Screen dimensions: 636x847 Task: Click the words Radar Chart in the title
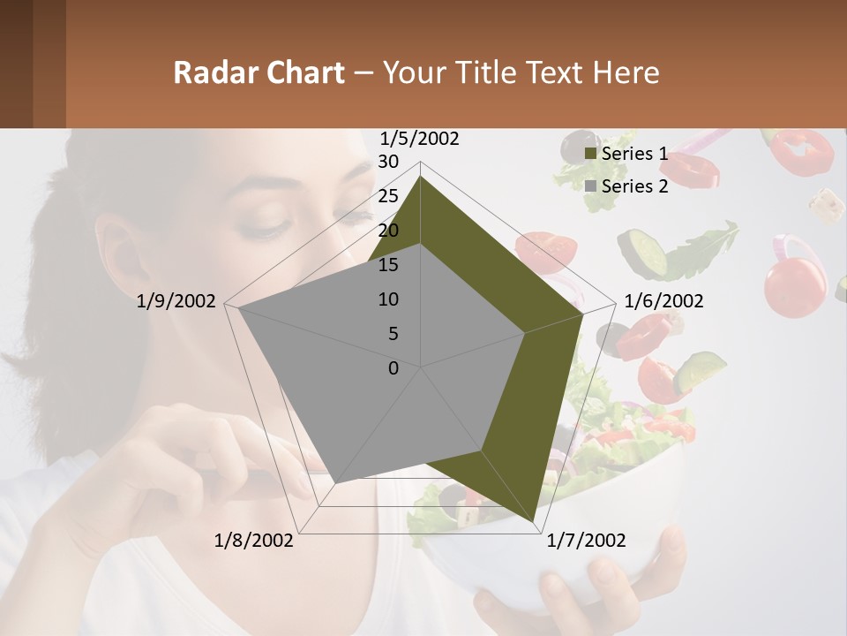pyautogui.click(x=259, y=72)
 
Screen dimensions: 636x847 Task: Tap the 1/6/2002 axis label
pyautogui.click(x=663, y=301)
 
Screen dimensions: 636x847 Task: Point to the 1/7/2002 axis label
pyautogui.click(x=586, y=540)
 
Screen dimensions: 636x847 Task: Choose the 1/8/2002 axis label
pyautogui.click(x=254, y=540)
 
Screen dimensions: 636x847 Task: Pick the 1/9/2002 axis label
pyautogui.click(x=176, y=301)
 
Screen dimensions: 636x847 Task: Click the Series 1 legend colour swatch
pyautogui.click(x=590, y=155)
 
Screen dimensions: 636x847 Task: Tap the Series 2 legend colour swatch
pyautogui.click(x=590, y=186)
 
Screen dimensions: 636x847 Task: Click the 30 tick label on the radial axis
pyautogui.click(x=388, y=162)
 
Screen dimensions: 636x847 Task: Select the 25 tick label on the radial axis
pyautogui.click(x=388, y=196)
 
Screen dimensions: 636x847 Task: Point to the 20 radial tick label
pyautogui.click(x=388, y=231)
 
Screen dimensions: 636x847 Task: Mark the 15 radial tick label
pyautogui.click(x=388, y=265)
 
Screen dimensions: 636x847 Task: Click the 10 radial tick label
pyautogui.click(x=388, y=299)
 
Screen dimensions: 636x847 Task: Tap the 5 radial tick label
pyautogui.click(x=393, y=334)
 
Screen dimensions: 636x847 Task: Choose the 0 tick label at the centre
pyautogui.click(x=394, y=368)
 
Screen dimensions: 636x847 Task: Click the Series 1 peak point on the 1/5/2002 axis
pyautogui.click(x=421, y=177)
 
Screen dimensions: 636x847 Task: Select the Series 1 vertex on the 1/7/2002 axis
pyautogui.click(x=534, y=522)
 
